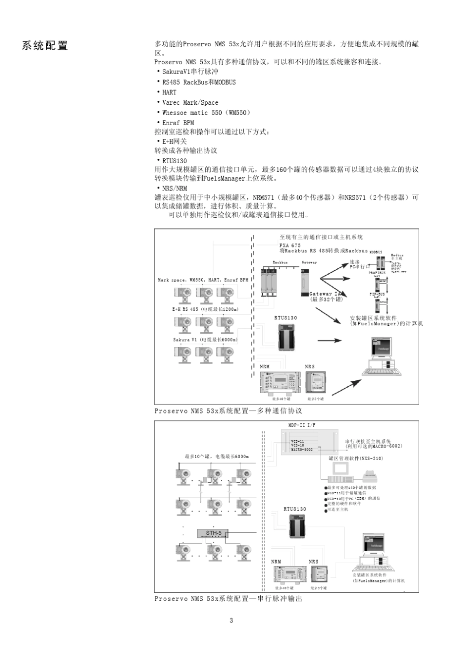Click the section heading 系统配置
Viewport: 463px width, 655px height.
(45, 46)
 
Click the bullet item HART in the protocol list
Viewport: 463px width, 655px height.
(169, 92)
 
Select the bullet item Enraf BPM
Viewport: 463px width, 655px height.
(178, 123)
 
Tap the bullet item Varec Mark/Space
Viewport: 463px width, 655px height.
(190, 102)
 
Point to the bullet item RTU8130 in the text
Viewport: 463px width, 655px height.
(174, 161)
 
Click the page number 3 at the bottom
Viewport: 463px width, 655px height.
(231, 620)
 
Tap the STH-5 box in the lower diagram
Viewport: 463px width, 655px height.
(213, 533)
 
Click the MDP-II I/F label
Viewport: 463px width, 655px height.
(302, 425)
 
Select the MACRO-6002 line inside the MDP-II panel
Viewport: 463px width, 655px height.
(302, 449)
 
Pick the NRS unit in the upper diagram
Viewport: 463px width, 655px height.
(315, 382)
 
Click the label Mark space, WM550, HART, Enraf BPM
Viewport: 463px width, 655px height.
(203, 280)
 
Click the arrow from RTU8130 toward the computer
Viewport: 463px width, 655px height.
(329, 340)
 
